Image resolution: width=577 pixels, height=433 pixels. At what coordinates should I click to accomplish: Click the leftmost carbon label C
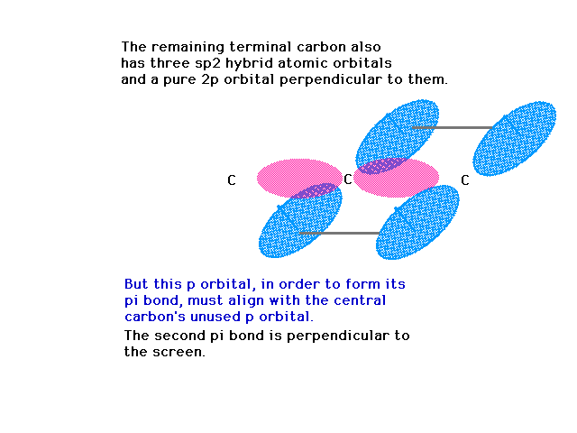232,180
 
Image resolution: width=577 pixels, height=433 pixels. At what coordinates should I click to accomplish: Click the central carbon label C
348,180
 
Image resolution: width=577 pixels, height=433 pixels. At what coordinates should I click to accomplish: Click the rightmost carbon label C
465,180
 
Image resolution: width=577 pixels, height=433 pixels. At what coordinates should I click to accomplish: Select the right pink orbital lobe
397,179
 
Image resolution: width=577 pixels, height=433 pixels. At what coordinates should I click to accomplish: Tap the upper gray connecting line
453,127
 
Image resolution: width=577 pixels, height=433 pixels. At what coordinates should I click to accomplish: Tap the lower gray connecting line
339,233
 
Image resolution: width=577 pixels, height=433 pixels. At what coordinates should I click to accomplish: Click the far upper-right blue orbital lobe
515,138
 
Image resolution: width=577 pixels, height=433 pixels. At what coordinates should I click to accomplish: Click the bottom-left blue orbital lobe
300,221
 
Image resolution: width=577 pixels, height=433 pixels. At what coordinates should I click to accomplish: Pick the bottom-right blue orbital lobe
417,223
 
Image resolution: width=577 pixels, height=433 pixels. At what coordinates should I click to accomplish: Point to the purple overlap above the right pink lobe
382,166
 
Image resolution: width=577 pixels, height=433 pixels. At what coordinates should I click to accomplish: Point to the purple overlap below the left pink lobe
316,190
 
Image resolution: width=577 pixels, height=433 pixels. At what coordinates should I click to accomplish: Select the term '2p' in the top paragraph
210,80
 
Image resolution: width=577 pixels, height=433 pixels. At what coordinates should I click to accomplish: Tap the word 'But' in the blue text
137,284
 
